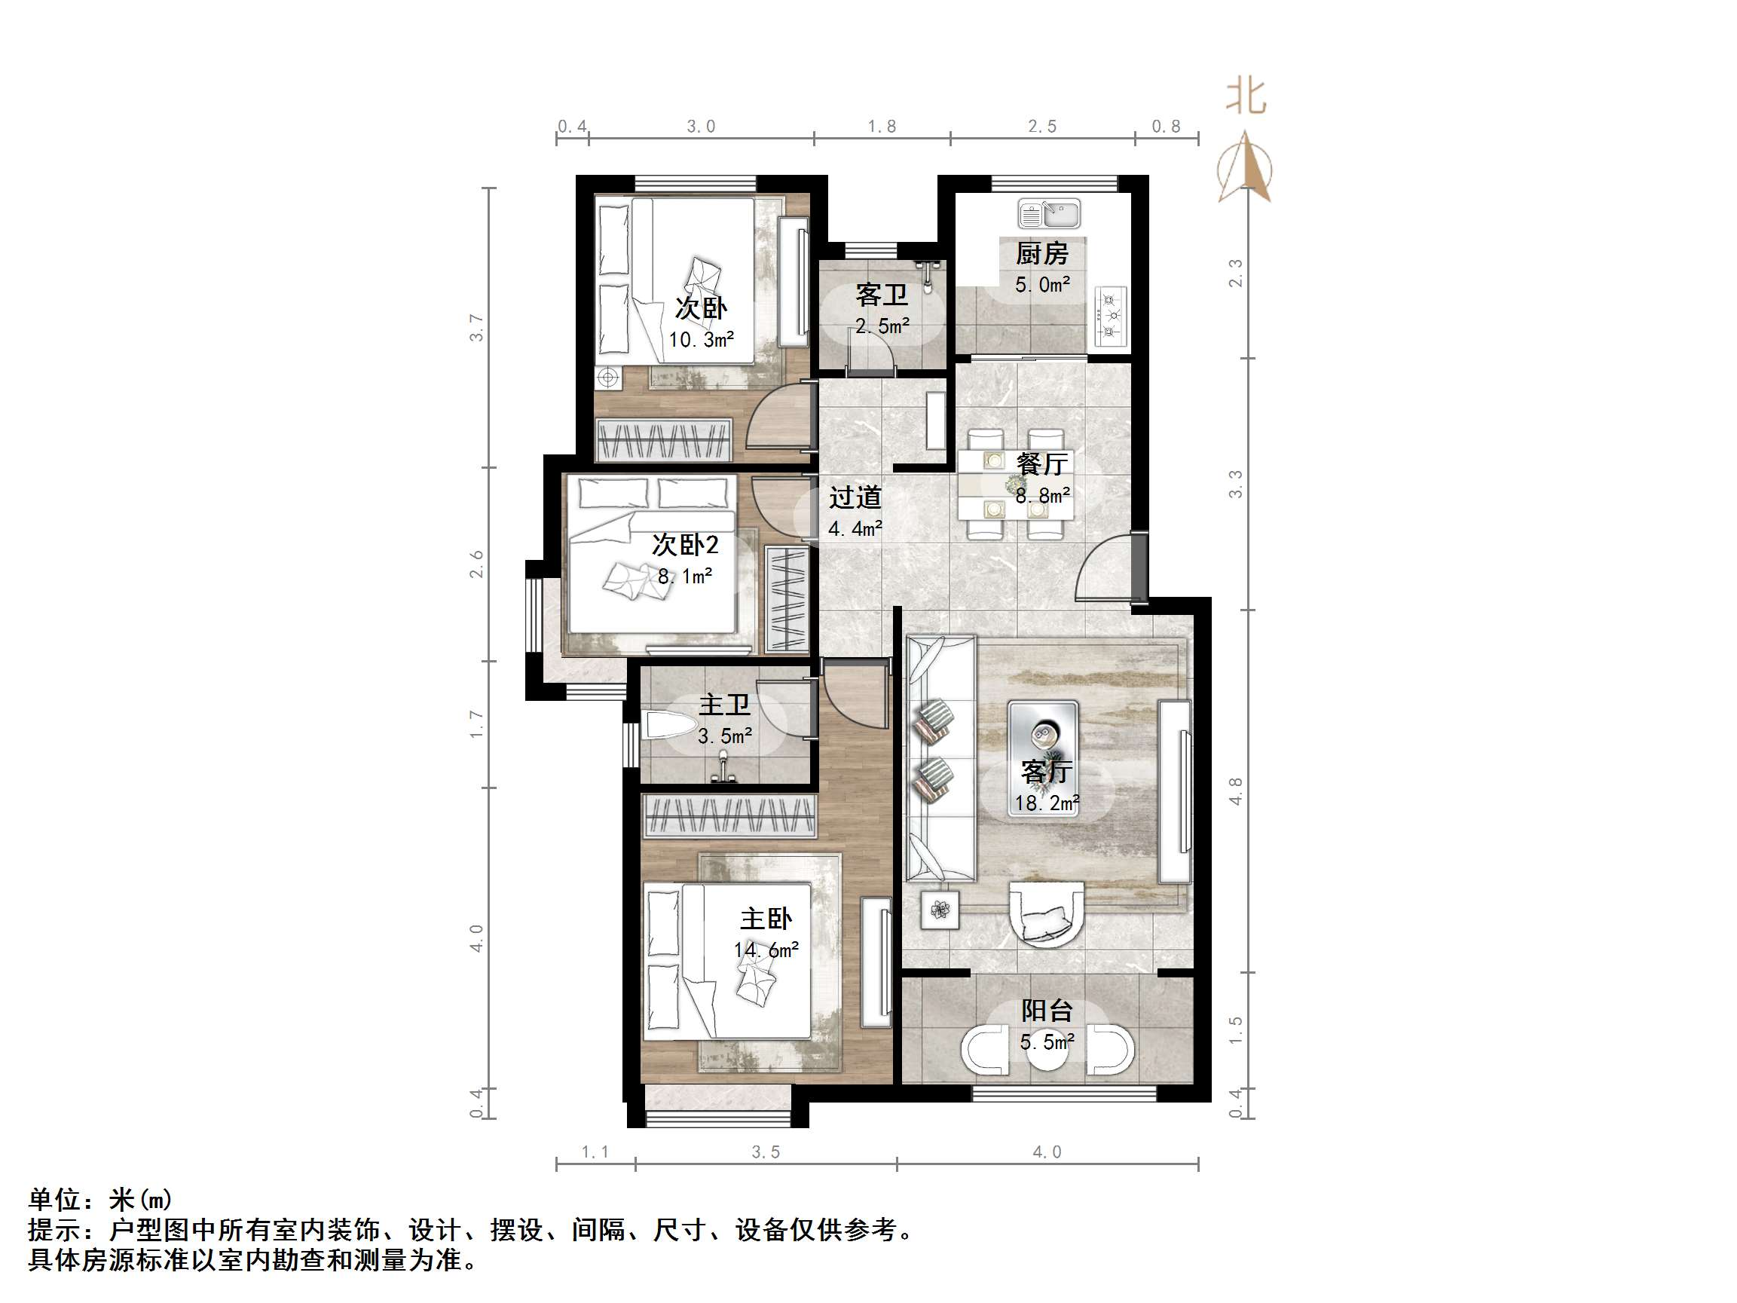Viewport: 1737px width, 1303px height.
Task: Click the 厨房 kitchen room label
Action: pyautogui.click(x=1041, y=254)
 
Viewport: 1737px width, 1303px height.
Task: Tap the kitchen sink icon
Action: pyautogui.click(x=1048, y=213)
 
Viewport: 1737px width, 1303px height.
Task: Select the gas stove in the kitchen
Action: pyautogui.click(x=1109, y=316)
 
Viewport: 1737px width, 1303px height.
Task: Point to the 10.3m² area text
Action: pyautogui.click(x=701, y=340)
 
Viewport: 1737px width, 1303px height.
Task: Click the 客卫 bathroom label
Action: pyautogui.click(x=881, y=295)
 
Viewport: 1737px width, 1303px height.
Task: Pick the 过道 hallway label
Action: pyautogui.click(x=855, y=497)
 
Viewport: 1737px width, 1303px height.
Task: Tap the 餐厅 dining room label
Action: pyautogui.click(x=1041, y=464)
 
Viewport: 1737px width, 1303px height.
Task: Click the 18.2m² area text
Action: pyautogui.click(x=1046, y=803)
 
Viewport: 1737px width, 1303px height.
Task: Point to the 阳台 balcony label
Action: pyautogui.click(x=1046, y=1011)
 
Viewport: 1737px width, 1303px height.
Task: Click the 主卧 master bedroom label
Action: pyautogui.click(x=766, y=919)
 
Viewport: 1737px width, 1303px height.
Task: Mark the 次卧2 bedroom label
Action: pyautogui.click(x=685, y=544)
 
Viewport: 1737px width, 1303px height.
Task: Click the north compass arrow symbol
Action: pyautogui.click(x=1245, y=168)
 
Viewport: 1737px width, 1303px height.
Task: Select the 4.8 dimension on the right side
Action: pyautogui.click(x=1235, y=791)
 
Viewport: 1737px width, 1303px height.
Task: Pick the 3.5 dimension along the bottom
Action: pyautogui.click(x=766, y=1152)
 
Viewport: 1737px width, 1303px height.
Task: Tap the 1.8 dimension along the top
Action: pyautogui.click(x=881, y=127)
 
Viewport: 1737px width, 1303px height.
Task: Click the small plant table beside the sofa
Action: pyautogui.click(x=940, y=910)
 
